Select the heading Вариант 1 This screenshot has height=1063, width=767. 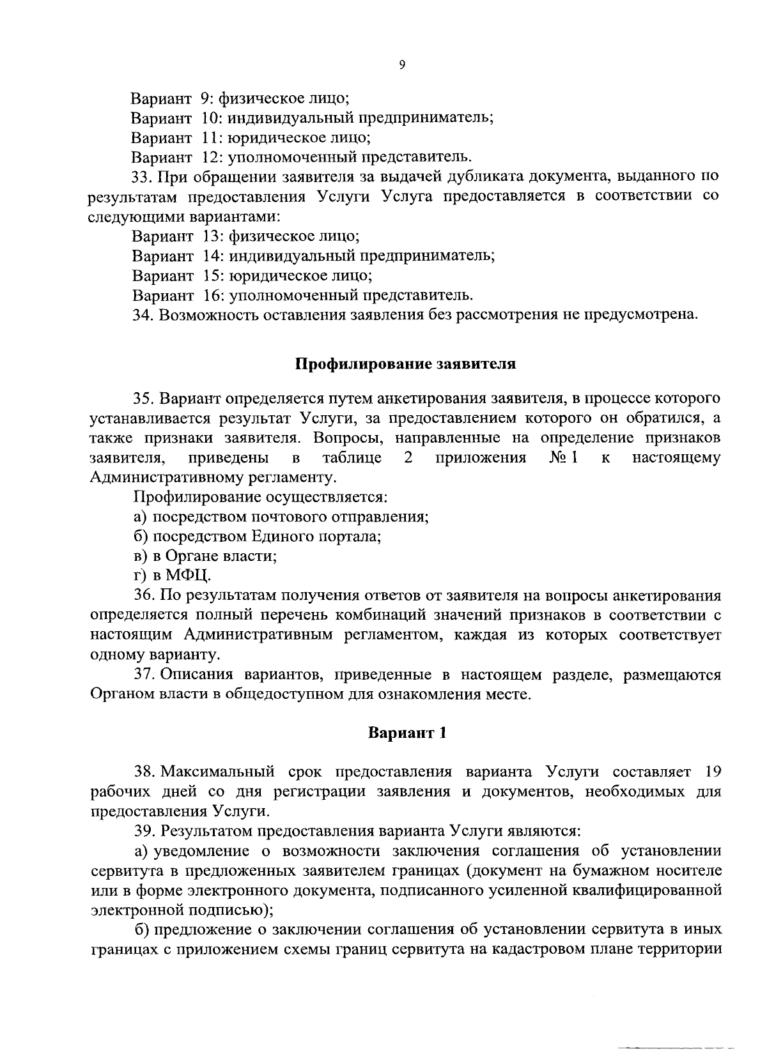coord(407,733)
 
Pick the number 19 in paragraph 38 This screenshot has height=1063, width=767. coord(711,772)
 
